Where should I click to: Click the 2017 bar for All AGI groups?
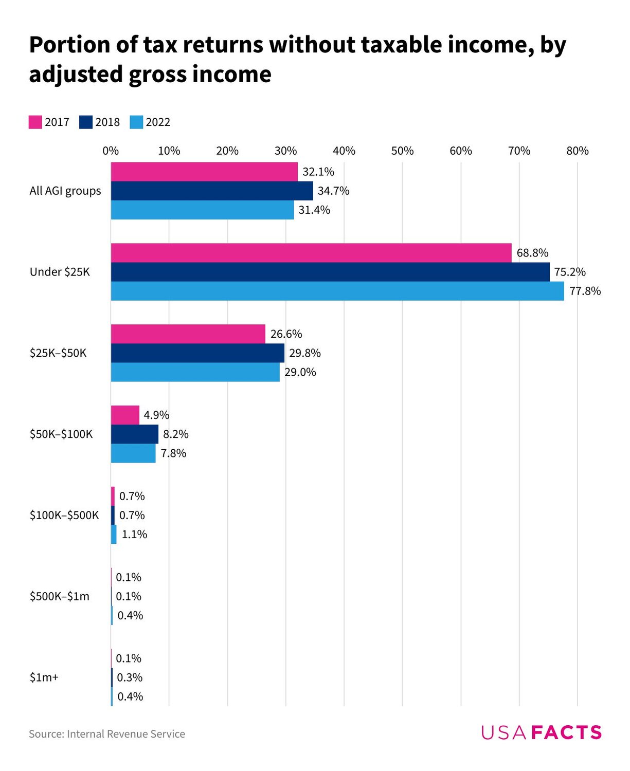(204, 172)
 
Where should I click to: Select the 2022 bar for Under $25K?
(337, 291)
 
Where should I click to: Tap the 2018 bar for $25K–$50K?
(197, 353)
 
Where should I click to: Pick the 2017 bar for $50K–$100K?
(125, 415)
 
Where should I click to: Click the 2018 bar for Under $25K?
(330, 272)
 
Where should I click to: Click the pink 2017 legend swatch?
(35, 122)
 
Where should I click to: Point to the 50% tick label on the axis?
(402, 151)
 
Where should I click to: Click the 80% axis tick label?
(577, 151)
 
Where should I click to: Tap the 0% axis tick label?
(111, 151)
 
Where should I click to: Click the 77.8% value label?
(585, 291)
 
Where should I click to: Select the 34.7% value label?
(333, 191)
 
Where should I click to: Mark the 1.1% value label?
(134, 535)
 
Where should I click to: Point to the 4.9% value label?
(156, 415)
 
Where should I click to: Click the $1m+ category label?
(44, 677)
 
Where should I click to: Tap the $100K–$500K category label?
(64, 515)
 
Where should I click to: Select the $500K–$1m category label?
(60, 596)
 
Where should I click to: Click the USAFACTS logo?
(541, 732)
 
